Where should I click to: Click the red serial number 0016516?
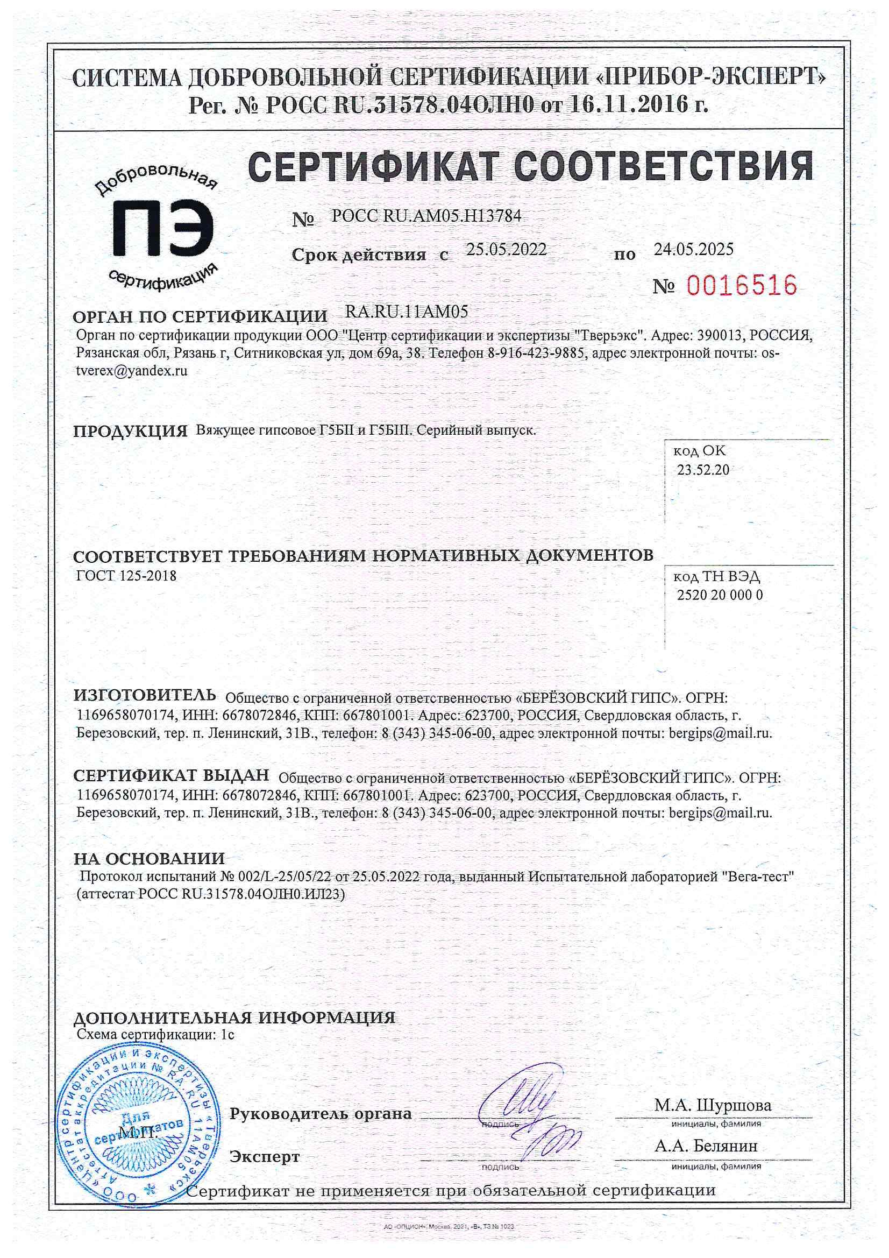pos(741,286)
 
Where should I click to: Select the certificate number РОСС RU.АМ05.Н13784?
pos(425,216)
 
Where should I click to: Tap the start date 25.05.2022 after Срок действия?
pos(506,250)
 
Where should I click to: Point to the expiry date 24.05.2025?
pos(693,249)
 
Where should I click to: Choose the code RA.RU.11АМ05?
pos(407,312)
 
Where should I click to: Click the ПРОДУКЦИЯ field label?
pos(130,431)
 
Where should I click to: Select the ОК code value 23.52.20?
pos(703,470)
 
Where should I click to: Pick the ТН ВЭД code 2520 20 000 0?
pos(719,595)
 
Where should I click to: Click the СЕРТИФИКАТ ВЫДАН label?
pos(172,775)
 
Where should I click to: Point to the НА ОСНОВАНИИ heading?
pos(149,859)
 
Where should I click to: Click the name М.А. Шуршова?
pos(713,1105)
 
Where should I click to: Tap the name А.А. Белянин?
pos(706,1146)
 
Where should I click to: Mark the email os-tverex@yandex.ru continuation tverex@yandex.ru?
pos(132,371)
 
